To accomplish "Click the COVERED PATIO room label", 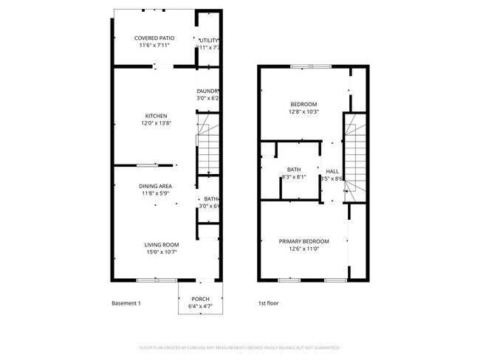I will [154, 38].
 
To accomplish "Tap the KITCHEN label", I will [156, 116].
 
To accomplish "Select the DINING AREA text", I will [155, 186].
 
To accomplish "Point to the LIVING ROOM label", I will [161, 245].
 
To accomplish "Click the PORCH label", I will [200, 299].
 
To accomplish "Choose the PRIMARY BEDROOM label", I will [304, 241].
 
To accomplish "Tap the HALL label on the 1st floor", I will [332, 170].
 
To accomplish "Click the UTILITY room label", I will [208, 39].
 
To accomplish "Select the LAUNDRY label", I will [208, 91].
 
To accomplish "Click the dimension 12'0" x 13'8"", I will [156, 124].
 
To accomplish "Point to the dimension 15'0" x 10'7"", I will [161, 252].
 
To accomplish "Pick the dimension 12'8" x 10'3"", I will [303, 112].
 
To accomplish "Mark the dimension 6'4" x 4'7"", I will [200, 306].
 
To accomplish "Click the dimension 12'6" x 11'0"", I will [304, 249].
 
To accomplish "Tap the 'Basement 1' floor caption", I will [126, 303].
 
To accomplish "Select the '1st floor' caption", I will [268, 303].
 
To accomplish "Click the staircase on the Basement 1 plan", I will [208, 145].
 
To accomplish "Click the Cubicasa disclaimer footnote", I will [239, 347].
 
